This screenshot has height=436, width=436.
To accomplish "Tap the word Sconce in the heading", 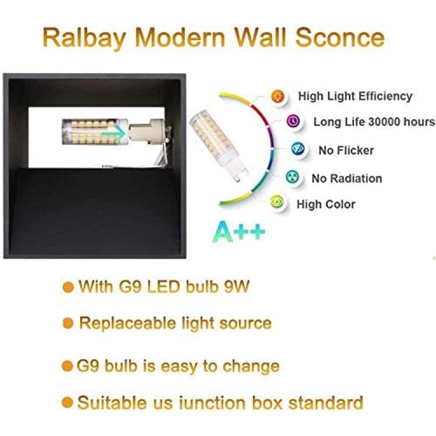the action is coord(340,37).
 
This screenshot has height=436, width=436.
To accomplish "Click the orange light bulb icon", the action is coord(277,96).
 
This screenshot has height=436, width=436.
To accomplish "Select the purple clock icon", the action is coord(294,121).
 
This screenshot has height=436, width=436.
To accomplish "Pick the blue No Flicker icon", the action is coord(298,149).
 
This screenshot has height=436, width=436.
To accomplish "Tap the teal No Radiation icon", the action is coord(293,177).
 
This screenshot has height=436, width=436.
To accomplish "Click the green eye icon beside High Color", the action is coord(277,202).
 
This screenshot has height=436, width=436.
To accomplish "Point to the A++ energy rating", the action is coord(239,231).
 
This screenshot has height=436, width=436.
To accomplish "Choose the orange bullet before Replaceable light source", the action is coord(68,323).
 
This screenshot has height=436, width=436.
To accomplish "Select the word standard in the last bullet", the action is coord(326,403).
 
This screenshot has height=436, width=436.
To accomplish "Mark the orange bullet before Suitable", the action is coord(67,402).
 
